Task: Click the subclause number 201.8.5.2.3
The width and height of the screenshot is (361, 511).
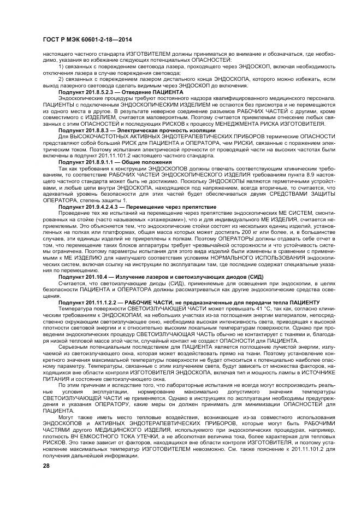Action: [96, 92]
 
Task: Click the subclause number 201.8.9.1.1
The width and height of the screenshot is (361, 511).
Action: [96, 162]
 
